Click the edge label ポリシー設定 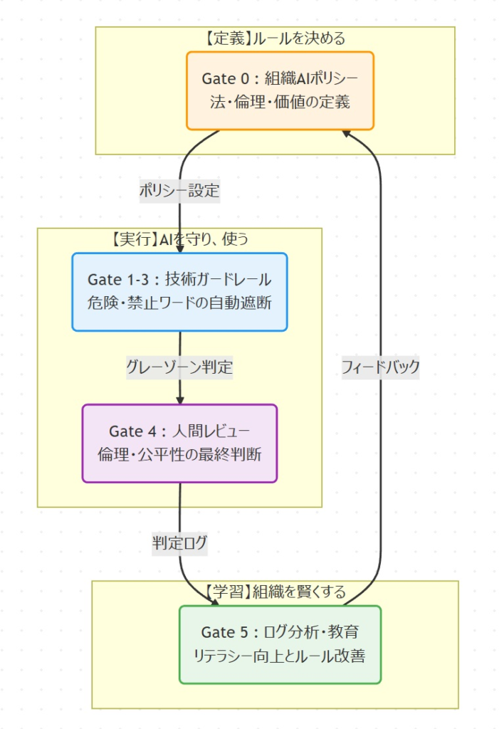179,191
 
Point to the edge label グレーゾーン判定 179,367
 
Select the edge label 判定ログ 179,542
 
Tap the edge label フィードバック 380,367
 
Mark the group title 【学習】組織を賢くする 275,592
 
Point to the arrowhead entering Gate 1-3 179,248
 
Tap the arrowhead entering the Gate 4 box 179,400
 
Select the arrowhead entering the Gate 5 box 214,602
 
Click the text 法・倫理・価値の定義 280,101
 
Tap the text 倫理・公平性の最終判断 179,454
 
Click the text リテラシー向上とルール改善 280,656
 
